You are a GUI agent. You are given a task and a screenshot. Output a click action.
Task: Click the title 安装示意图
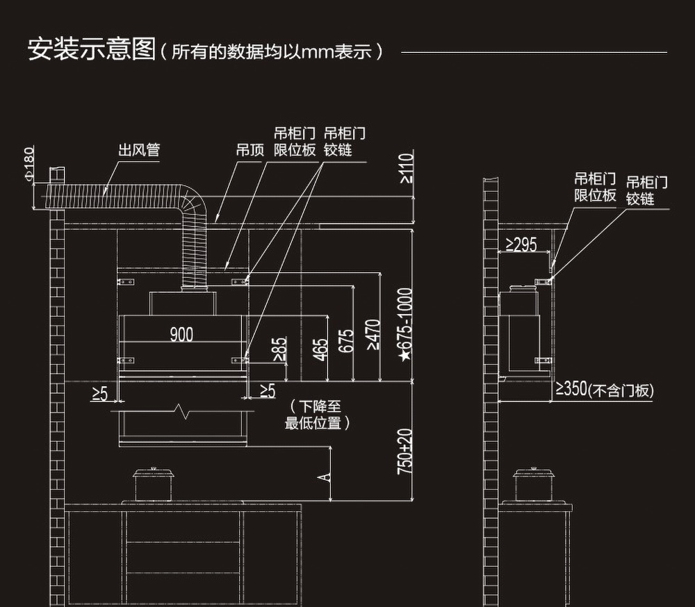tap(91, 50)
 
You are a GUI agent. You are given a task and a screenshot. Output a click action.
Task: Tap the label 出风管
tap(139, 150)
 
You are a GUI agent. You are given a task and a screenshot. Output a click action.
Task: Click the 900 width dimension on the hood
tap(181, 335)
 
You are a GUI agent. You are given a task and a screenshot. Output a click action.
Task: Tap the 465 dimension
tap(320, 349)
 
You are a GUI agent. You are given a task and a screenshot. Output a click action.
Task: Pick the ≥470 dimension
tap(373, 334)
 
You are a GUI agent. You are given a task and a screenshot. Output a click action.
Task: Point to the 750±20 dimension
tap(404, 451)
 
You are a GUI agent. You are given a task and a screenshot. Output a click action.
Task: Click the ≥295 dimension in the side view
tap(521, 244)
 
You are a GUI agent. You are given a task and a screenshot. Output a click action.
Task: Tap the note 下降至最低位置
tap(317, 415)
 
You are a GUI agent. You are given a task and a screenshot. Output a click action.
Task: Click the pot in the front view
tap(152, 485)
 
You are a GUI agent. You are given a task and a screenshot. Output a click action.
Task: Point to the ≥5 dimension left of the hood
tap(99, 394)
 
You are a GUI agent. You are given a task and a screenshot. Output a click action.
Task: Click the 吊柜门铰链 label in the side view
tap(646, 190)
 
